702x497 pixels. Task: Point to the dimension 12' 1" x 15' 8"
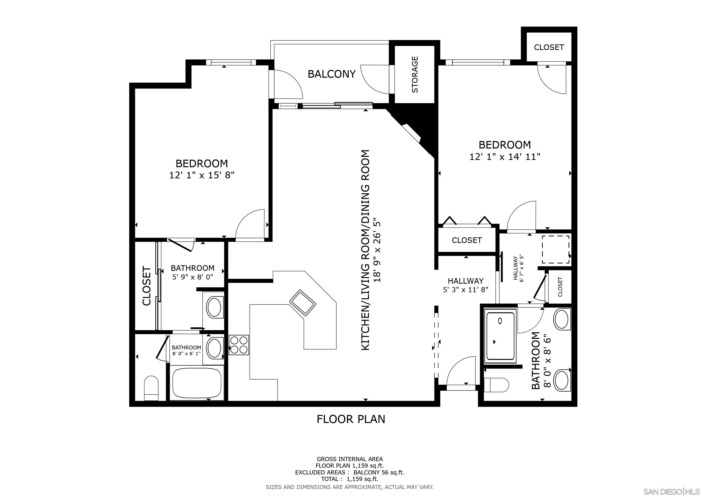click(202, 175)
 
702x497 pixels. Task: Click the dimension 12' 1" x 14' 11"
click(505, 157)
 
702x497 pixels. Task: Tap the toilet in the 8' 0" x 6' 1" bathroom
click(151, 388)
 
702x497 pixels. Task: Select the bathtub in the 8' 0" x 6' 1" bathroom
click(197, 383)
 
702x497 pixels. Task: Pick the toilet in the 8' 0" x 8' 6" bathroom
click(496, 385)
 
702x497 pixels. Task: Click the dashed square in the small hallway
click(556, 249)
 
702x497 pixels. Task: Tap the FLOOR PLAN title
click(351, 419)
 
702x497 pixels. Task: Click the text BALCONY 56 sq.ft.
click(379, 472)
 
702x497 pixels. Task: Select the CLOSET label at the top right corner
click(549, 47)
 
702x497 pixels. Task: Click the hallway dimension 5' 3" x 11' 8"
click(465, 290)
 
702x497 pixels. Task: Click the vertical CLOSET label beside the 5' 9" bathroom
click(147, 286)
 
